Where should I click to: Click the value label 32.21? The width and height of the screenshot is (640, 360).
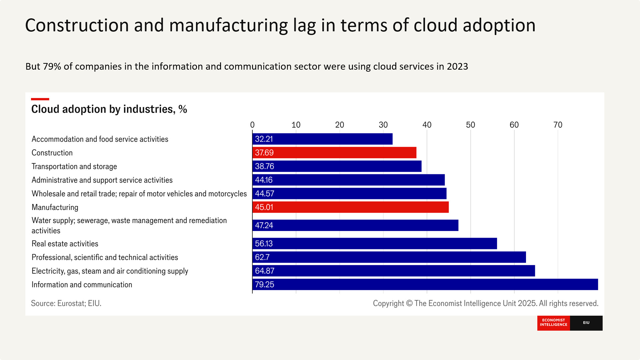tap(264, 139)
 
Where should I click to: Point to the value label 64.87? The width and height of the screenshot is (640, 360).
tap(264, 271)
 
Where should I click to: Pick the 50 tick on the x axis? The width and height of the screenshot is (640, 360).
tap(470, 125)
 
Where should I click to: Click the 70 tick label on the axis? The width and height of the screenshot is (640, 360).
tap(558, 125)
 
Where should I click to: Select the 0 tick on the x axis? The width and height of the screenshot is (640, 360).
tap(252, 125)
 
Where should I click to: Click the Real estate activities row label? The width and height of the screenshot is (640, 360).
tap(65, 244)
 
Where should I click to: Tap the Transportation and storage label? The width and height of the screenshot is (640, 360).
tap(74, 166)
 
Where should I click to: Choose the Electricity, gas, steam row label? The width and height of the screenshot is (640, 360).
tap(110, 271)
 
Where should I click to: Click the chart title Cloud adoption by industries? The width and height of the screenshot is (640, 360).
tap(109, 109)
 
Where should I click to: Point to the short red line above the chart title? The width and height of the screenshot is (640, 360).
tap(40, 99)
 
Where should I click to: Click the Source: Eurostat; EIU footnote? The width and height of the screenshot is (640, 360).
tap(66, 303)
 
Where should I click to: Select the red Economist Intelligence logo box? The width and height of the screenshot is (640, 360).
tap(553, 323)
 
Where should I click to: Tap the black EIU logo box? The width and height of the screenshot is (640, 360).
tap(586, 323)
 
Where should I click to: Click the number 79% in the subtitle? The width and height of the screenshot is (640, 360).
tap(52, 66)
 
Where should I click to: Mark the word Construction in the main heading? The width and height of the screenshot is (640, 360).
tap(77, 25)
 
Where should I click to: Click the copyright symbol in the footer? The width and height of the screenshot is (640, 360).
tap(409, 303)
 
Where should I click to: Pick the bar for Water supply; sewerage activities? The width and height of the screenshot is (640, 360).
tap(355, 225)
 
